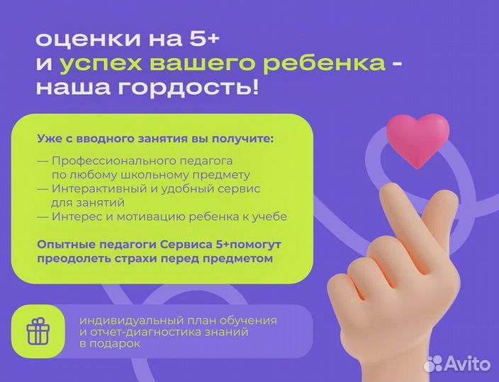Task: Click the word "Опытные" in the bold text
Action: click(x=62, y=245)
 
